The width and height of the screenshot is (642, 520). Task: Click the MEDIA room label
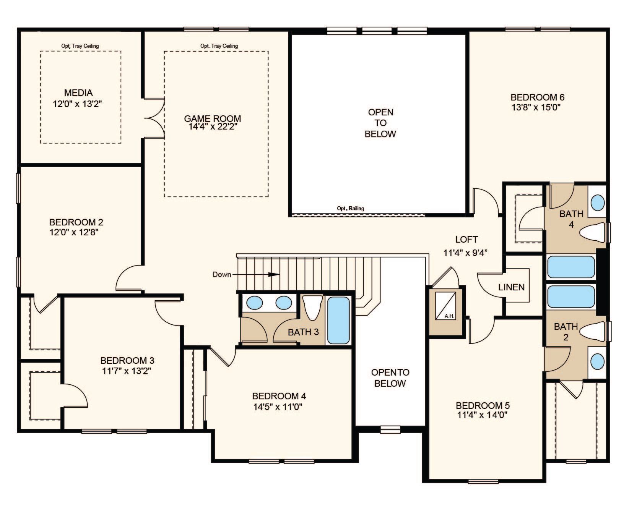pos(78,92)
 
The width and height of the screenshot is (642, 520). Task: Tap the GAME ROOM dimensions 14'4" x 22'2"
pos(213,127)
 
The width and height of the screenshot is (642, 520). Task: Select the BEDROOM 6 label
pos(538,97)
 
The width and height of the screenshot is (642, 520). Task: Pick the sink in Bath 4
pos(597,202)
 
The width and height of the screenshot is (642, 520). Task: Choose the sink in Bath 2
pos(597,361)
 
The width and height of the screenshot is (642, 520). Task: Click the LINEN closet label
pos(512,287)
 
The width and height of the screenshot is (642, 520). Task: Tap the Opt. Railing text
pos(350,208)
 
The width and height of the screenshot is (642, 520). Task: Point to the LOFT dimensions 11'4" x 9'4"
pos(466,253)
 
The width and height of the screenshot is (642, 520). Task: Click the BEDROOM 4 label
pos(279,396)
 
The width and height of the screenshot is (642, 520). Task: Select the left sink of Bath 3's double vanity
pos(255,303)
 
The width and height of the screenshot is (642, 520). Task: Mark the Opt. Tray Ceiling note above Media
pos(80,46)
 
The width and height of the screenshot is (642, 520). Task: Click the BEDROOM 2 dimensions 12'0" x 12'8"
pos(74,232)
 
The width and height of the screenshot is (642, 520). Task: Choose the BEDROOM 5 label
pos(483,405)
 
